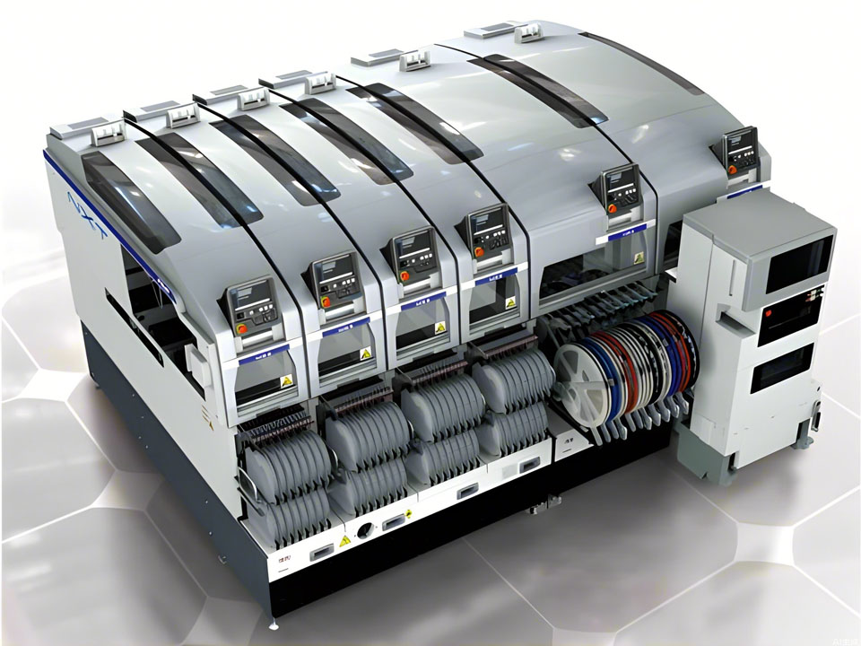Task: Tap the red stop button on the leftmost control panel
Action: click(241, 329)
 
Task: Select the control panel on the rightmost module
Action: click(742, 151)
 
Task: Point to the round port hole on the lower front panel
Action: click(365, 530)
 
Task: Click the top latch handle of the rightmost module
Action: click(528, 33)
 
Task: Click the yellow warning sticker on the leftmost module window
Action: click(286, 381)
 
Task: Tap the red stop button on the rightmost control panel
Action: click(733, 168)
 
